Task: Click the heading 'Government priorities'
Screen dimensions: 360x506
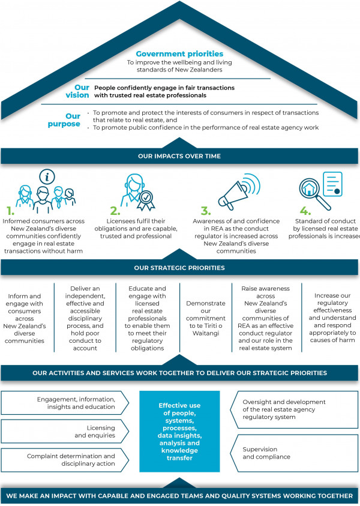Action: point(179,53)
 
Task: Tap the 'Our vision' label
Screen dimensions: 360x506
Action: point(77,91)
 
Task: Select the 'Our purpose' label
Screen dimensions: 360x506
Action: point(64,120)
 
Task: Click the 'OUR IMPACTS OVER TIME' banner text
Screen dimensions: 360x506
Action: point(179,156)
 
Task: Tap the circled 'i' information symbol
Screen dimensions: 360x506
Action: point(47,176)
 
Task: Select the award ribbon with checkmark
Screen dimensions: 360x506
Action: point(146,200)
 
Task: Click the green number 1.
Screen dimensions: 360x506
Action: point(11,211)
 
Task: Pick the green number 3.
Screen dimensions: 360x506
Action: point(206,211)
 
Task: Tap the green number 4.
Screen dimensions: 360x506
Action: point(305,211)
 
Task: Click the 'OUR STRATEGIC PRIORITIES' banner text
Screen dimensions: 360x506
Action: point(179,268)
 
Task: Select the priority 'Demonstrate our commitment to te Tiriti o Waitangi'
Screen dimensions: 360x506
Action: point(206,318)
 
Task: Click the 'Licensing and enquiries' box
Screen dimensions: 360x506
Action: point(65,432)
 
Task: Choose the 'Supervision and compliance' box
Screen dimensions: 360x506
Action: point(294,453)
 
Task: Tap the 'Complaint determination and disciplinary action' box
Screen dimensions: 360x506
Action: point(65,460)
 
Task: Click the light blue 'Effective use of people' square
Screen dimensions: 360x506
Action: point(179,432)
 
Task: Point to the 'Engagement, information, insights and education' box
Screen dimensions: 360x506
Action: point(65,403)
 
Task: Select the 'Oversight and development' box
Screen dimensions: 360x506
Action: point(294,409)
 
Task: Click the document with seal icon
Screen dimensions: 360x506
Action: point(332,184)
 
